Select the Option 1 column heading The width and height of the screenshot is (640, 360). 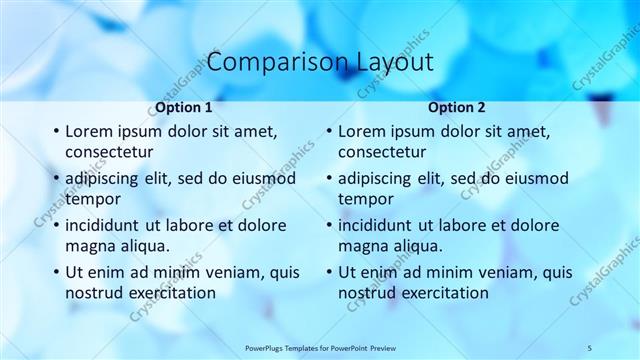183,107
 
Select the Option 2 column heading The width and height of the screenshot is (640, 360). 456,107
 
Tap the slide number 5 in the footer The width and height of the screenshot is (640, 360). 590,347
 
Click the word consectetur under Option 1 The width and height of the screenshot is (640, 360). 109,152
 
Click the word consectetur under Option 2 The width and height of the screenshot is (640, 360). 382,152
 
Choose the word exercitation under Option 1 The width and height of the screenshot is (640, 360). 170,293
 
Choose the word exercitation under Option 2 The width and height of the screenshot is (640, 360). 443,293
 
